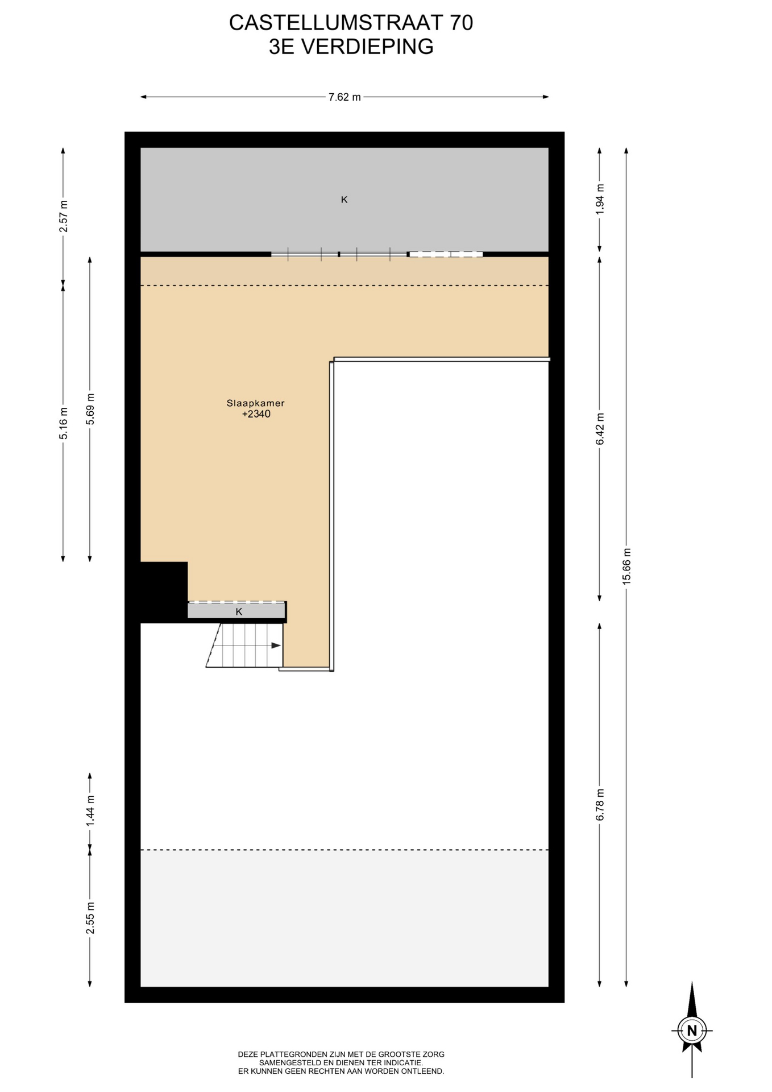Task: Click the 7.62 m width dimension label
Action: [345, 97]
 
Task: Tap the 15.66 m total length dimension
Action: [626, 566]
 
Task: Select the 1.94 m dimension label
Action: [600, 199]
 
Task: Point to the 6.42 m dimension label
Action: [600, 429]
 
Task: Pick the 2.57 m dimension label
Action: [64, 216]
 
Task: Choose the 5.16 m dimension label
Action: [64, 423]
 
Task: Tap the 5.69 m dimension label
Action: [90, 409]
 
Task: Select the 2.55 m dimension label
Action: [90, 918]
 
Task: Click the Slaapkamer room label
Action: [256, 403]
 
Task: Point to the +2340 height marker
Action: [256, 414]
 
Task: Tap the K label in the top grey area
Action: [344, 200]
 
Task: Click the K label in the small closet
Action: [239, 612]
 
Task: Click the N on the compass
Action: [692, 1031]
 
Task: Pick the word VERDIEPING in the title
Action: [367, 47]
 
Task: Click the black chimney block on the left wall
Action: [164, 592]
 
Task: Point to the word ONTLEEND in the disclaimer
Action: [421, 1071]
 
